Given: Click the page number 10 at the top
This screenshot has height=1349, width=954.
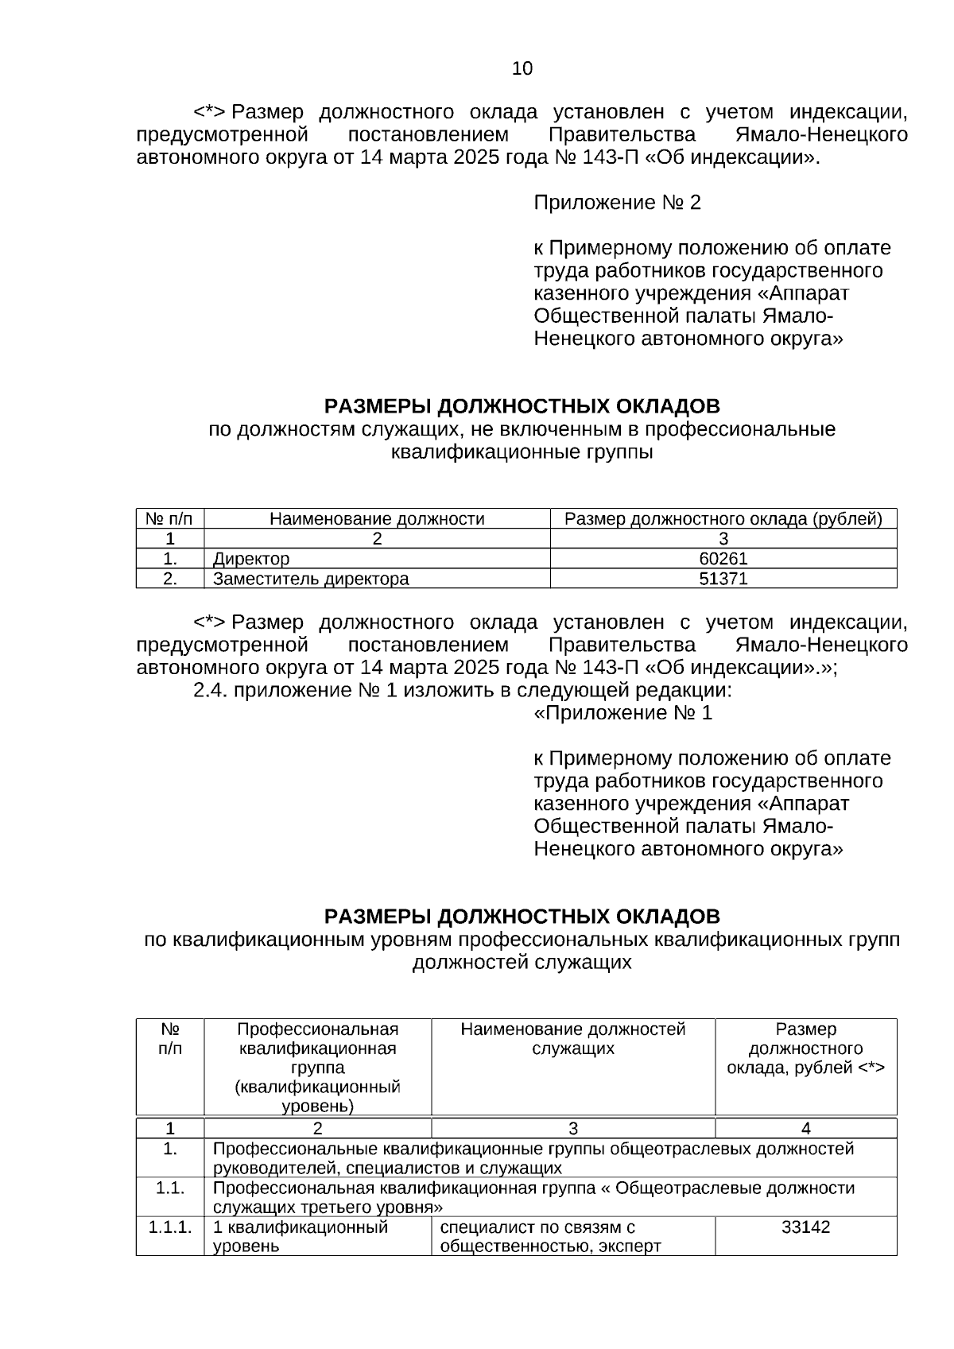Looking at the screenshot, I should pos(522,68).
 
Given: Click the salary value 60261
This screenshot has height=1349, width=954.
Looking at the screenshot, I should pos(723,559).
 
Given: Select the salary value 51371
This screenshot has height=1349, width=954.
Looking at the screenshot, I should pos(723,579).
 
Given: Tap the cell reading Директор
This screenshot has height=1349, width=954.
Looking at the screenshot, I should pos(251,559).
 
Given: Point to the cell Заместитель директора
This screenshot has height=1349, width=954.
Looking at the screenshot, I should pos(311,579).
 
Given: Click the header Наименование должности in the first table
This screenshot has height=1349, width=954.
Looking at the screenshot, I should pos(377,519).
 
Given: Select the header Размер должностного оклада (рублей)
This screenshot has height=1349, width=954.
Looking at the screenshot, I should pos(723,519).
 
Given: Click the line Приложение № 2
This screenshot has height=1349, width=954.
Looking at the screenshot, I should pos(617,203).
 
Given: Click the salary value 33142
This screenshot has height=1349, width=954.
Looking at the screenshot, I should pos(805,1227).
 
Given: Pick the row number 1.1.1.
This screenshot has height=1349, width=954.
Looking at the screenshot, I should pos(170,1227).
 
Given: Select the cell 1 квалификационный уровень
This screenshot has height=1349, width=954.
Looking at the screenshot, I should pos(301,1236).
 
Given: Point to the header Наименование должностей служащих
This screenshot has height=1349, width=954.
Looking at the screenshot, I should pos(572,1039).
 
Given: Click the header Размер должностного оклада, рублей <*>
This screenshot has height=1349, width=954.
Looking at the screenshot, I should pos(805,1049).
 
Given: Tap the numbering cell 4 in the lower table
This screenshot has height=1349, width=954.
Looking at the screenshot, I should pos(805,1128).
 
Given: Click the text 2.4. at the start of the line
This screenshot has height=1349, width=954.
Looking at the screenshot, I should pos(211,690).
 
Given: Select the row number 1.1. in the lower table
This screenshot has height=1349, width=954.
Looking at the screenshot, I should pos(170,1188).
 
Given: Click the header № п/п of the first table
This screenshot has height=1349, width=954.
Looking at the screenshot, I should pos(169,519).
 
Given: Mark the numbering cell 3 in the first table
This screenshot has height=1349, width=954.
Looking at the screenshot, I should pos(723,539).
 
